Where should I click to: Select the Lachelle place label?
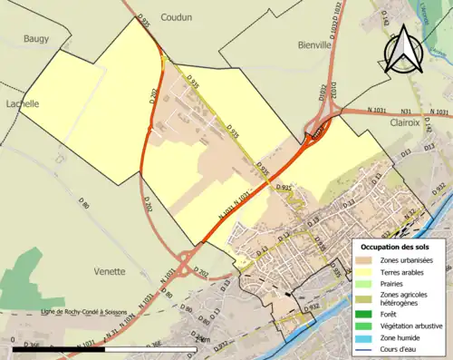coord(20,104)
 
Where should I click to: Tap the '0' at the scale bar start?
coord(14,340)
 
